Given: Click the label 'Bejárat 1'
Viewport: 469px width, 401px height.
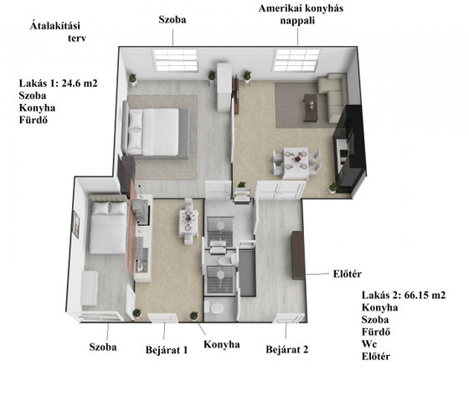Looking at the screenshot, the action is (167, 350).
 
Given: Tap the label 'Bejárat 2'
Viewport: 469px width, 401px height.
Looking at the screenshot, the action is (286, 349).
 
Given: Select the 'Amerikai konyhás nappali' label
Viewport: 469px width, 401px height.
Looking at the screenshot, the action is (301, 14).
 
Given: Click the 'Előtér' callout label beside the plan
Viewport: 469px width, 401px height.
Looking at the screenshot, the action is (348, 274).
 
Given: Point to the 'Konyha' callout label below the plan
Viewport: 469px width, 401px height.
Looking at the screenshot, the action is (222, 344).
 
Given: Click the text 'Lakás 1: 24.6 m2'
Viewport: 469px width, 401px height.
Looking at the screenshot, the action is (59, 83).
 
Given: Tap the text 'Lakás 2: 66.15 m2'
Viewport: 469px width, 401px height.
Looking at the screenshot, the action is (404, 296).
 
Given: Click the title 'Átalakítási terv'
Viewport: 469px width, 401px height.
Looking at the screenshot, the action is (58, 32).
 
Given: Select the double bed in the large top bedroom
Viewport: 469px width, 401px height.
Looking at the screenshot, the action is (156, 131).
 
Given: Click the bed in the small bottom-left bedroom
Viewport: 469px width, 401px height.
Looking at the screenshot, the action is (108, 224).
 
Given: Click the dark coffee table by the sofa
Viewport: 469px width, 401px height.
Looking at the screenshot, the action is (312, 108).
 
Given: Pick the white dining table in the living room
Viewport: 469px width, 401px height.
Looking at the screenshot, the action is (296, 162).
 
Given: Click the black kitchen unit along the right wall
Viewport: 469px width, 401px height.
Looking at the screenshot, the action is (349, 148).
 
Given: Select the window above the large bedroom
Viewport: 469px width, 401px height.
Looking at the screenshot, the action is (176, 60).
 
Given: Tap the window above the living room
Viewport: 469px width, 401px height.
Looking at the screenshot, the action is (296, 60).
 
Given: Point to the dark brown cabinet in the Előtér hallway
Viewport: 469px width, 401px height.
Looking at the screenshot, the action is (298, 255).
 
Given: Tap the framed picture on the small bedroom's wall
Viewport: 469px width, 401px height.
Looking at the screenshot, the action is (76, 224).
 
